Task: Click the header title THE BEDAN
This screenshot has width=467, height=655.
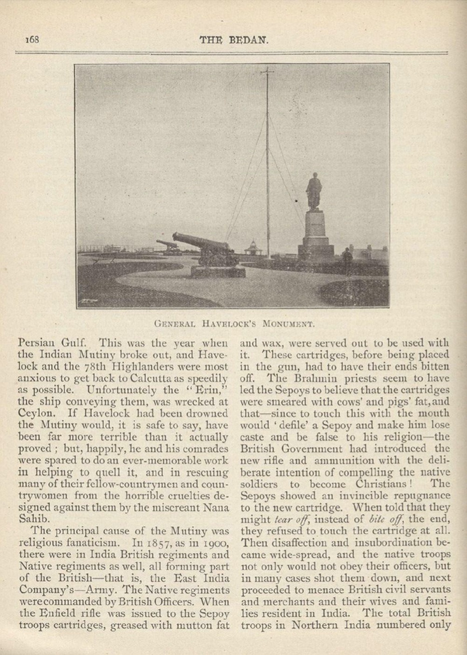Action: (234, 40)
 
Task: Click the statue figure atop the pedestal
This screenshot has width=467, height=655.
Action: (314, 191)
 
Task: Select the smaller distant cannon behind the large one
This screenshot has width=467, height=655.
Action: (168, 245)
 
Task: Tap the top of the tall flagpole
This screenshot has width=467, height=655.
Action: (267, 70)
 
